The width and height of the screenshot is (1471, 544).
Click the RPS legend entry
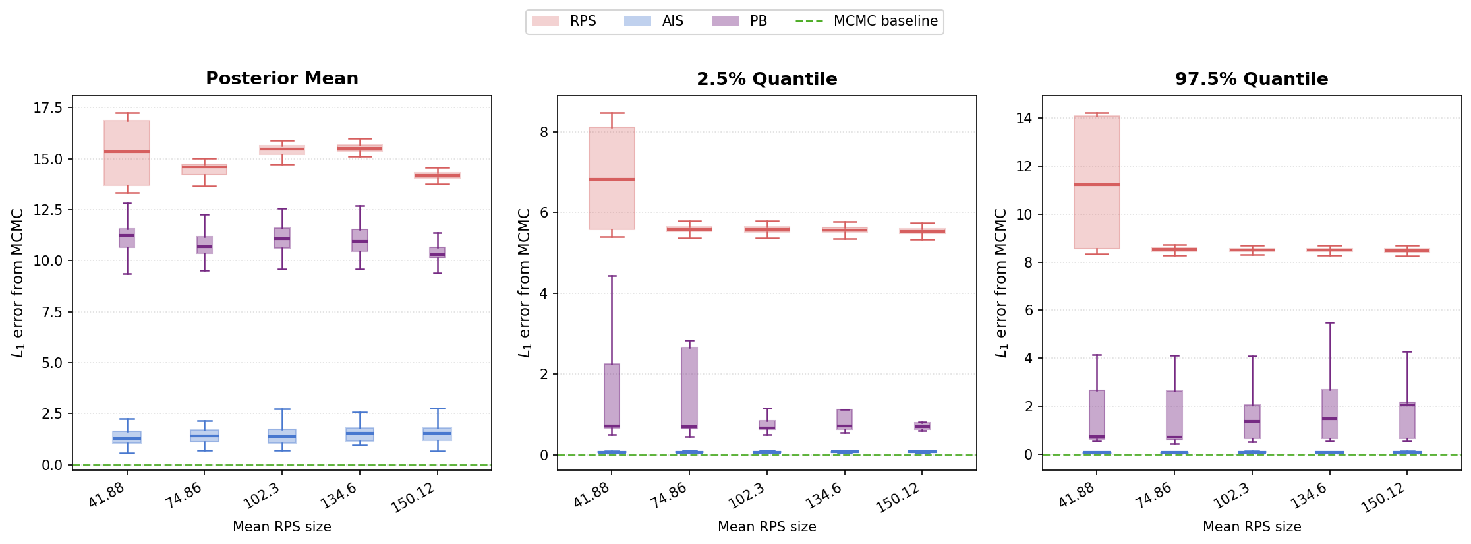click(x=564, y=21)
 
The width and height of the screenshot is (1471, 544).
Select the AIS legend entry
click(x=654, y=21)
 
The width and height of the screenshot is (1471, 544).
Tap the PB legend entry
click(x=739, y=21)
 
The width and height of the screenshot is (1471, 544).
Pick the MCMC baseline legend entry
click(x=867, y=21)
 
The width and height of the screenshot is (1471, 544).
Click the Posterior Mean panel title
click(x=282, y=78)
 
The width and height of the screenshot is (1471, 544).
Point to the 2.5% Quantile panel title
click(x=767, y=79)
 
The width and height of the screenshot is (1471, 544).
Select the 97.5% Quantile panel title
click(x=1252, y=79)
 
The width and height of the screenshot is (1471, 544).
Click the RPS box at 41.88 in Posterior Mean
click(x=127, y=153)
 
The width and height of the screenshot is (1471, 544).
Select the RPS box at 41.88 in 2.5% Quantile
click(x=612, y=178)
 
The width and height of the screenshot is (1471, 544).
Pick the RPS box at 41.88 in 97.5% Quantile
click(x=1097, y=182)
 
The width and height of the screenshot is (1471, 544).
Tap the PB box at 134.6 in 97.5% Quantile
click(x=1330, y=414)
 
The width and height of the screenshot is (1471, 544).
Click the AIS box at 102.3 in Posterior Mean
click(x=282, y=436)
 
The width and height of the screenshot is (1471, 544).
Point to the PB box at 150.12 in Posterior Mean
click(x=437, y=253)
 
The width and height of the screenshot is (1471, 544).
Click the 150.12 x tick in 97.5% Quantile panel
click(x=1384, y=498)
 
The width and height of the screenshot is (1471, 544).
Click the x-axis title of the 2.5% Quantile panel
click(x=767, y=527)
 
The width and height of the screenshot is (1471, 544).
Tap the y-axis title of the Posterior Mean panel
click(x=18, y=284)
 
